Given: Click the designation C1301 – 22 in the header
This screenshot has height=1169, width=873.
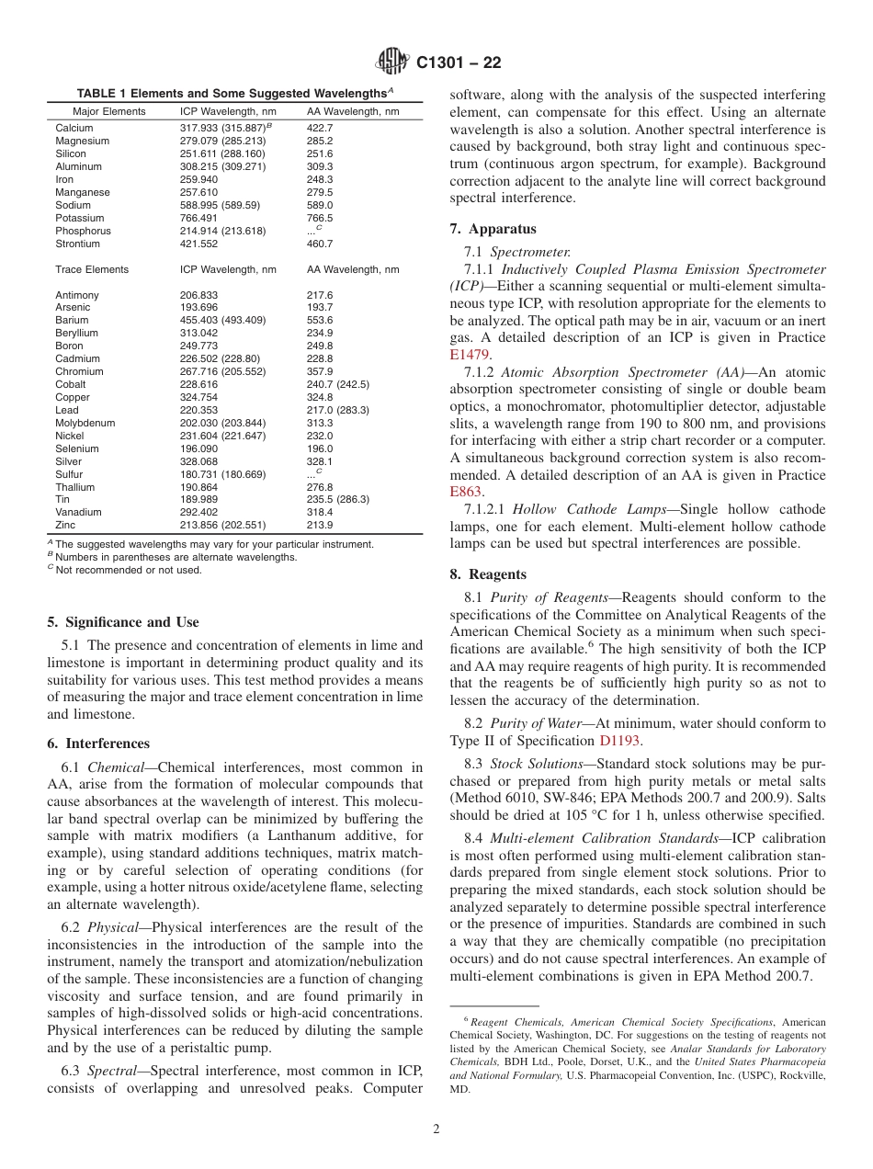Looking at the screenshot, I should click(x=459, y=63).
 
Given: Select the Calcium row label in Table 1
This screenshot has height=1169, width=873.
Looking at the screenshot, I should click(x=74, y=128).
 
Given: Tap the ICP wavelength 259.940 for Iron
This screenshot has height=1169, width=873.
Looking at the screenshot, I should click(x=199, y=179).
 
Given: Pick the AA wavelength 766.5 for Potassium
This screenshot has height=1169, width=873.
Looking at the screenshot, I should click(x=320, y=218).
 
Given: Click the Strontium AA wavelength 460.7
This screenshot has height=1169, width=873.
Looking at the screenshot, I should click(x=320, y=244).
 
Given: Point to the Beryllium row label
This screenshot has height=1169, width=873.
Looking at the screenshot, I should click(x=76, y=333).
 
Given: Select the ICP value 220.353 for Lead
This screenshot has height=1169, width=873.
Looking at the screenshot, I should click(x=199, y=410).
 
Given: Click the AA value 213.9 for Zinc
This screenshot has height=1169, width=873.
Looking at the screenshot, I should click(x=320, y=525).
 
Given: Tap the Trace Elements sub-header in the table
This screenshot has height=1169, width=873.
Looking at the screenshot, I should click(x=92, y=269).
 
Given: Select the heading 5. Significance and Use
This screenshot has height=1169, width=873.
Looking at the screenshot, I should click(x=123, y=622).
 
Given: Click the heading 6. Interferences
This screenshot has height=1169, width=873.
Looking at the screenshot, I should click(x=98, y=743).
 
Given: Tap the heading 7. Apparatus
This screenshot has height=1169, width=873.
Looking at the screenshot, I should click(x=493, y=229).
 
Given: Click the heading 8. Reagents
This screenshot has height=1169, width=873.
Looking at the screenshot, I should click(x=488, y=574).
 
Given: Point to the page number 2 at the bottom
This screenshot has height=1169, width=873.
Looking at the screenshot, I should click(x=436, y=1129).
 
